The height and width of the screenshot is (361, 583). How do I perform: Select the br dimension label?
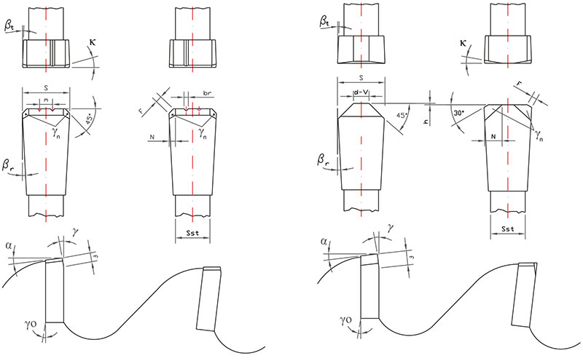208,95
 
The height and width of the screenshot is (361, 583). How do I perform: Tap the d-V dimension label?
361,92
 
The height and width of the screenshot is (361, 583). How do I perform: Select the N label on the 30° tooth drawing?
493,136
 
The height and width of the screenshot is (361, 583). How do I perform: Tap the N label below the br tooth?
151,136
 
